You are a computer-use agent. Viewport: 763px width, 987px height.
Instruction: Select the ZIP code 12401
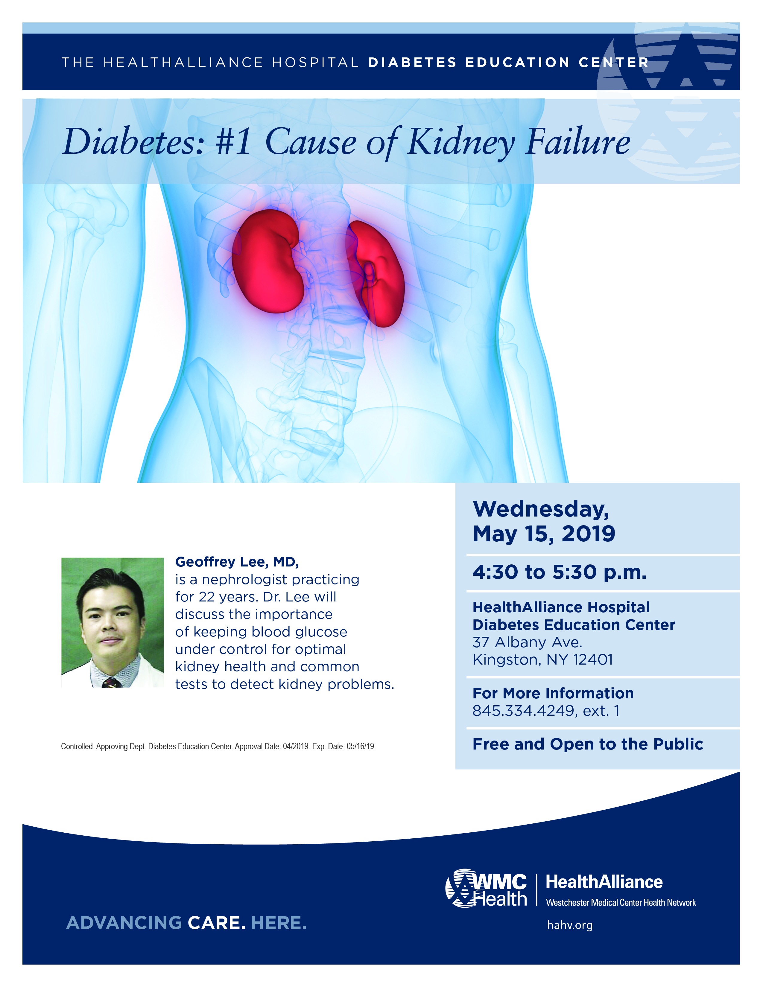593,660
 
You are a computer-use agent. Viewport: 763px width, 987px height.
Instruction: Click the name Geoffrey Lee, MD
237,562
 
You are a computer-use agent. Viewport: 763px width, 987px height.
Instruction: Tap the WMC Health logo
486,889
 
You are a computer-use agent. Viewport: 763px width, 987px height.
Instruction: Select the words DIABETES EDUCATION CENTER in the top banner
508,63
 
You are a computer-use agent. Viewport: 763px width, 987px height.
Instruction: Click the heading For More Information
553,693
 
